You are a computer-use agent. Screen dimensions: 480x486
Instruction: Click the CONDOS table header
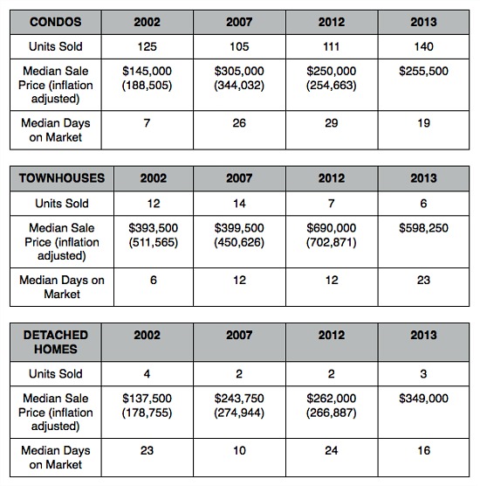tap(56, 22)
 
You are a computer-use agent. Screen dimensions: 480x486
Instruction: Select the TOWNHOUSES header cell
tap(62, 178)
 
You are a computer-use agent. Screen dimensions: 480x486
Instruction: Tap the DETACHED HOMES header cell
tap(56, 342)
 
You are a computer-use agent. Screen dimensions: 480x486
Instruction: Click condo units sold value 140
tap(423, 46)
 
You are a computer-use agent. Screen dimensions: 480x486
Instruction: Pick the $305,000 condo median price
tap(239, 71)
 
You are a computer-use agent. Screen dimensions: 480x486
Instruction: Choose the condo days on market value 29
tap(332, 123)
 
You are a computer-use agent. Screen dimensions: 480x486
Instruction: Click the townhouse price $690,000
tap(332, 228)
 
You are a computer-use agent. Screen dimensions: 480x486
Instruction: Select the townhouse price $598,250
tap(423, 228)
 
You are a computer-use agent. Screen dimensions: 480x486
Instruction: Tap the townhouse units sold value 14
tap(239, 204)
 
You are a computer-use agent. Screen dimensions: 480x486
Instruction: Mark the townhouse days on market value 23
tap(423, 280)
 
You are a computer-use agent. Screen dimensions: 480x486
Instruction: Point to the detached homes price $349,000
tap(423, 399)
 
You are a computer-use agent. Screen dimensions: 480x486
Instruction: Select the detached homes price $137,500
tap(147, 399)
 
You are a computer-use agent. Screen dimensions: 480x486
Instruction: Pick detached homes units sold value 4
tap(147, 374)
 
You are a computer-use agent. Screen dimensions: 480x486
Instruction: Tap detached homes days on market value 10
tap(239, 450)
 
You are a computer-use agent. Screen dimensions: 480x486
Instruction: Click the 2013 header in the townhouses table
tap(423, 178)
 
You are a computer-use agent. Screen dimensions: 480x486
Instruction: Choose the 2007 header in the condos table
tap(239, 22)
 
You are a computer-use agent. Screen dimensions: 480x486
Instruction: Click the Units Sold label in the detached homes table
tap(56, 374)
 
